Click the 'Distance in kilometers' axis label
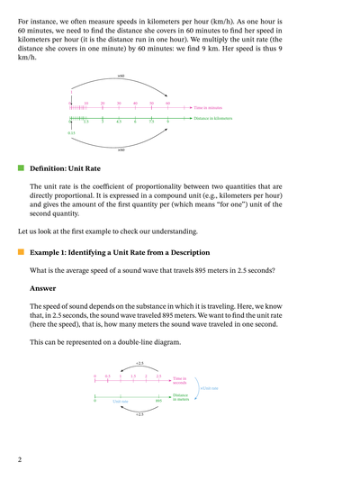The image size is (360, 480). click(213, 117)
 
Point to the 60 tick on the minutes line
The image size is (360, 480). click(167, 106)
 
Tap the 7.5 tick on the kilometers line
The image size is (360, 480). click(151, 118)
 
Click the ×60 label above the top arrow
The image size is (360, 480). click(121, 76)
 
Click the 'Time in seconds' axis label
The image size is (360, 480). click(180, 381)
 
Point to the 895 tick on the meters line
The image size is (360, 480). click(158, 396)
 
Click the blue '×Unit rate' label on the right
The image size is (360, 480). click(209, 388)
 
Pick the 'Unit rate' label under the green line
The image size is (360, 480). click(121, 401)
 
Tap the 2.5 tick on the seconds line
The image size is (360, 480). click(158, 379)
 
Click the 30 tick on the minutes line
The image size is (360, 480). click(119, 106)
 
